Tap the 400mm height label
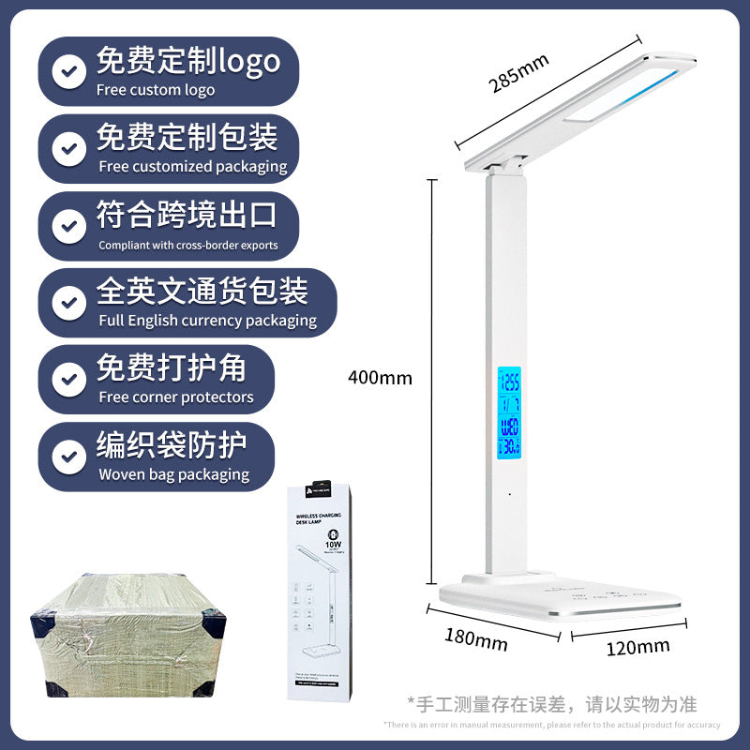[380, 378]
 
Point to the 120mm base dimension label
[637, 646]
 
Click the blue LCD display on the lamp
[510, 412]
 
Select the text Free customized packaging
[192, 167]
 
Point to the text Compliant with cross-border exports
[187, 245]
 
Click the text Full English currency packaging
[207, 321]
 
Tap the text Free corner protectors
[176, 397]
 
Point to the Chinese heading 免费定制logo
[187, 62]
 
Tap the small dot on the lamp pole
[510, 493]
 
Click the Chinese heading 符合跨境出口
[187, 216]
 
